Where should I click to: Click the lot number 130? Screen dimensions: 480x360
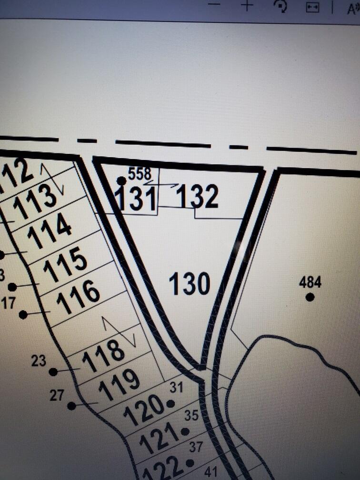click(x=190, y=284)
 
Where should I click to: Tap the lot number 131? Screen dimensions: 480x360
click(x=136, y=199)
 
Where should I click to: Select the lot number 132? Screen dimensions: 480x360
click(x=198, y=196)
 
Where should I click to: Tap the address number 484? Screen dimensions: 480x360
click(x=310, y=282)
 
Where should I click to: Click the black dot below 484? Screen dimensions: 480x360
click(x=310, y=297)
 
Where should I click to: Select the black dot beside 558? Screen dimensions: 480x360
click(x=121, y=180)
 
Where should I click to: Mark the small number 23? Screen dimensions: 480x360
click(x=39, y=361)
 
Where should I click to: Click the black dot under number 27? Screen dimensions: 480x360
click(x=71, y=406)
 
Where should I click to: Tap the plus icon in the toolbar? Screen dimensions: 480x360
click(x=247, y=6)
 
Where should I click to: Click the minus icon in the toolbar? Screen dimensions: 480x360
click(x=215, y=4)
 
